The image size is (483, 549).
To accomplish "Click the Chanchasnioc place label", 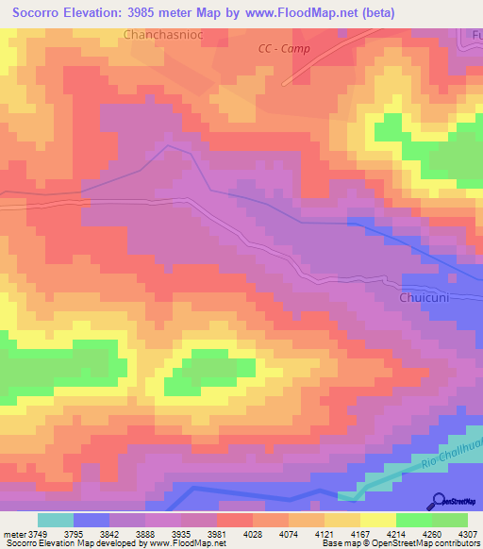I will pos(162,35).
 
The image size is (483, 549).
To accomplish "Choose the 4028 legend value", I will pos(237,535).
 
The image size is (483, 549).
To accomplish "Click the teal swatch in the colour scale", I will pos(55,520).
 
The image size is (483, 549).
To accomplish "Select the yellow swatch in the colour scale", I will pos(377,520).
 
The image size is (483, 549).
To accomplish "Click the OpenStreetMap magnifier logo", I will pos(441,500).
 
